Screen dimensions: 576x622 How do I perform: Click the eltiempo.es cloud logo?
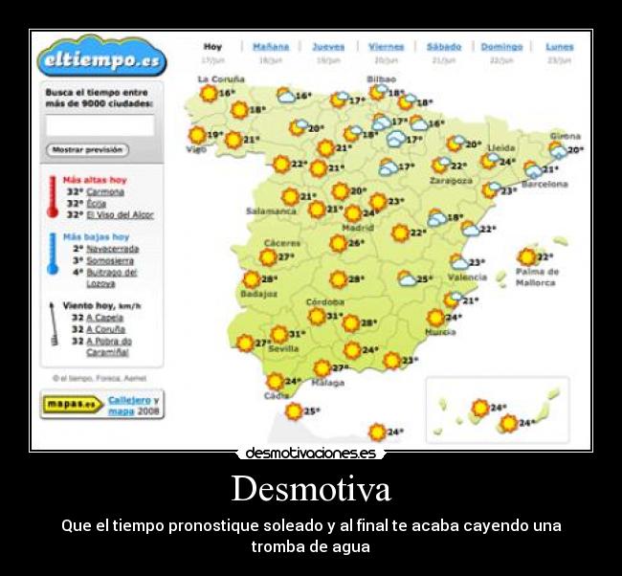[101, 59]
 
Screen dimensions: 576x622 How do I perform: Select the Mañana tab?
[270, 46]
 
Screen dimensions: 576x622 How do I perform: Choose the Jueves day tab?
[328, 46]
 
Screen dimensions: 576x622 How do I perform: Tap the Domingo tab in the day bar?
[501, 46]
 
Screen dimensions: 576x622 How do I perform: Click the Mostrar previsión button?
[87, 149]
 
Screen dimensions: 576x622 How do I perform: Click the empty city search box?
[100, 124]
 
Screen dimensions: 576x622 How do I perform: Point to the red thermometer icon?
[53, 196]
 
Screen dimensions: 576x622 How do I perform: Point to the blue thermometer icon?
[53, 255]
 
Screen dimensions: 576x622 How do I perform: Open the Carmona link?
[105, 191]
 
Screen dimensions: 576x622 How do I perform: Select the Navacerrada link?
[112, 248]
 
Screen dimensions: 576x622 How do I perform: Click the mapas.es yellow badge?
[72, 404]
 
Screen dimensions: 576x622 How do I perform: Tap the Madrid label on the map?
[358, 228]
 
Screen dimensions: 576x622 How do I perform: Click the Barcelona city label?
[544, 184]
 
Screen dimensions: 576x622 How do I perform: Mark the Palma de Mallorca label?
[536, 277]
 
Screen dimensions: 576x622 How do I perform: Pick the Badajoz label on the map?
[258, 294]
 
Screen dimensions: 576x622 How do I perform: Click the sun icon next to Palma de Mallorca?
[526, 256]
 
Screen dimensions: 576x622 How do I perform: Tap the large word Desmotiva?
[311, 489]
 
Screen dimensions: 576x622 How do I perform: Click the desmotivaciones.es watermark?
[311, 453]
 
